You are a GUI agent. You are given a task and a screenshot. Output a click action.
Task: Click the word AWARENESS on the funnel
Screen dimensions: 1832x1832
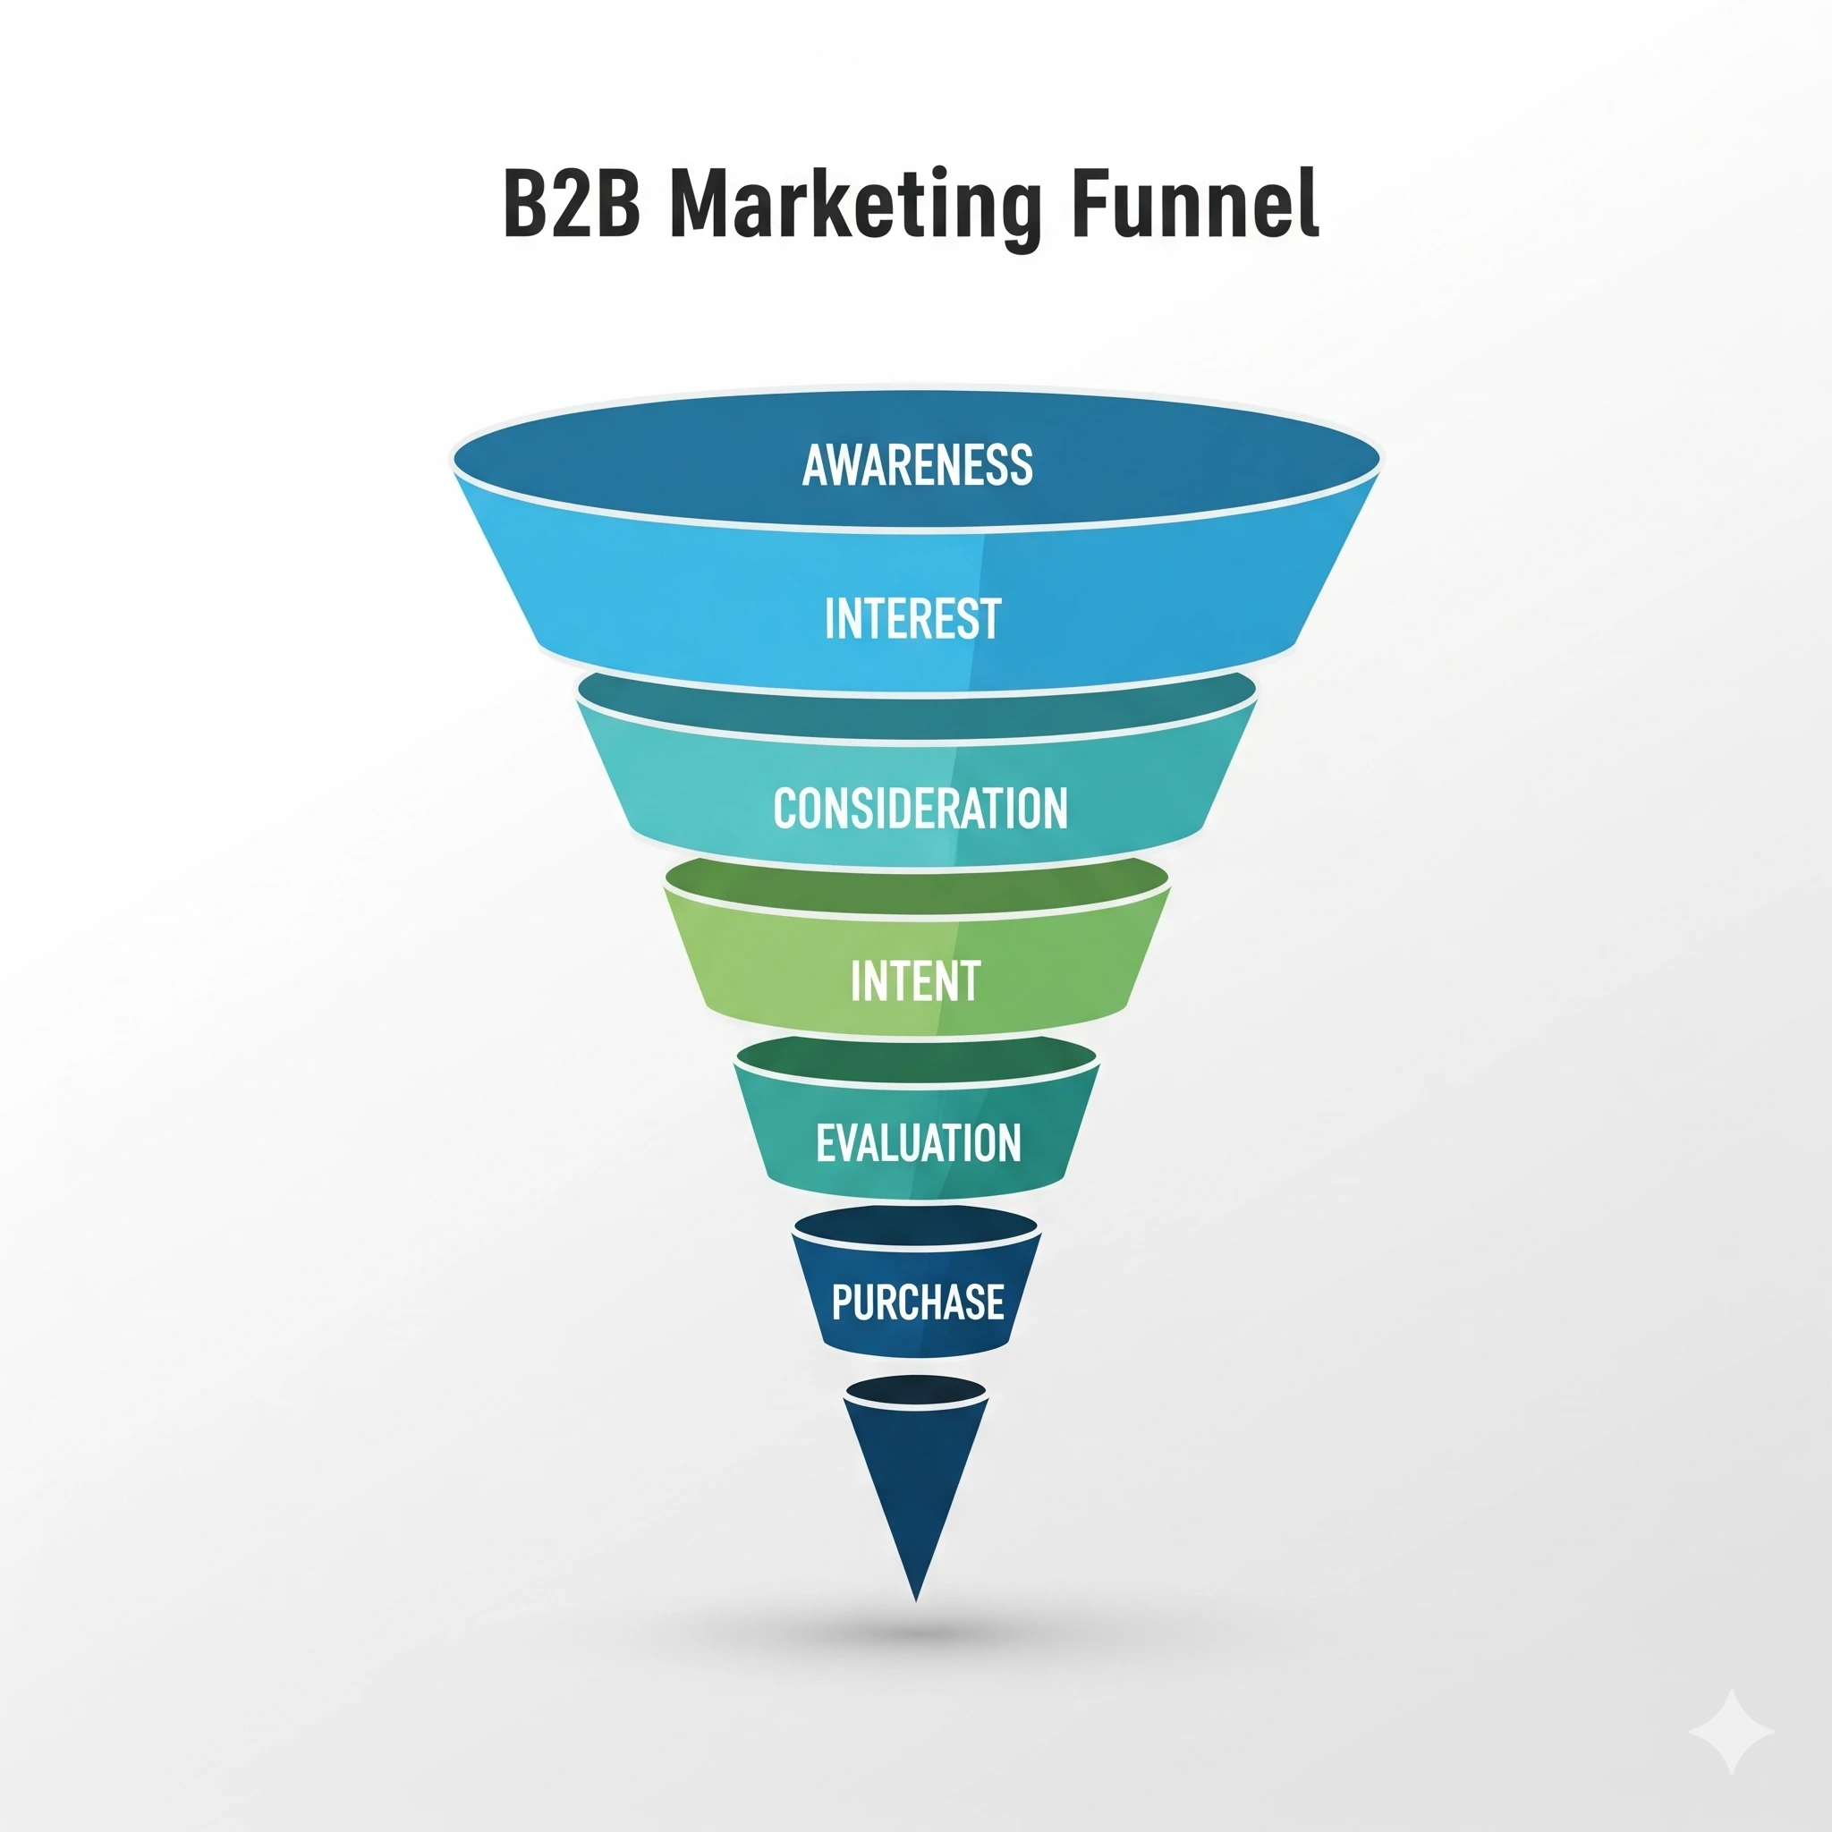pos(917,464)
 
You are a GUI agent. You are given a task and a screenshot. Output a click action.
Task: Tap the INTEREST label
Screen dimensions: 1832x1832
pos(912,619)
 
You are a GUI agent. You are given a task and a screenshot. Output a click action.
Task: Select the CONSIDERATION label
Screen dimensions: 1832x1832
pos(920,809)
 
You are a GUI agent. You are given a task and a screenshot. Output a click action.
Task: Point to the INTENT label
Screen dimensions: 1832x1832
pos(915,981)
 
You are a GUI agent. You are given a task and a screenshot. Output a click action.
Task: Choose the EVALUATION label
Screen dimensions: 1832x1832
pos(918,1142)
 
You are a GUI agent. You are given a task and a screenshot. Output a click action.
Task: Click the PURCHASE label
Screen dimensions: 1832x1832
pos(917,1302)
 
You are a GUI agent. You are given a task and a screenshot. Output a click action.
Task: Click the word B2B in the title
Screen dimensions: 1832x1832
pos(570,205)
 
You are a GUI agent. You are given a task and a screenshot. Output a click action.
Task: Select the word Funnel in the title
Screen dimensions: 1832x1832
pos(1195,205)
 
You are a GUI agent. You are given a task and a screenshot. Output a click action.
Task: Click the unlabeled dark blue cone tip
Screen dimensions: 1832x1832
pos(916,1480)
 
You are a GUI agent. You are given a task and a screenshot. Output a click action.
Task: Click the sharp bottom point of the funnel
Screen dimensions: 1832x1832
pos(916,1599)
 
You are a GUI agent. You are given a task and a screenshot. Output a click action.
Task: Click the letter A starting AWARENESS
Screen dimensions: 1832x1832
pos(815,464)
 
